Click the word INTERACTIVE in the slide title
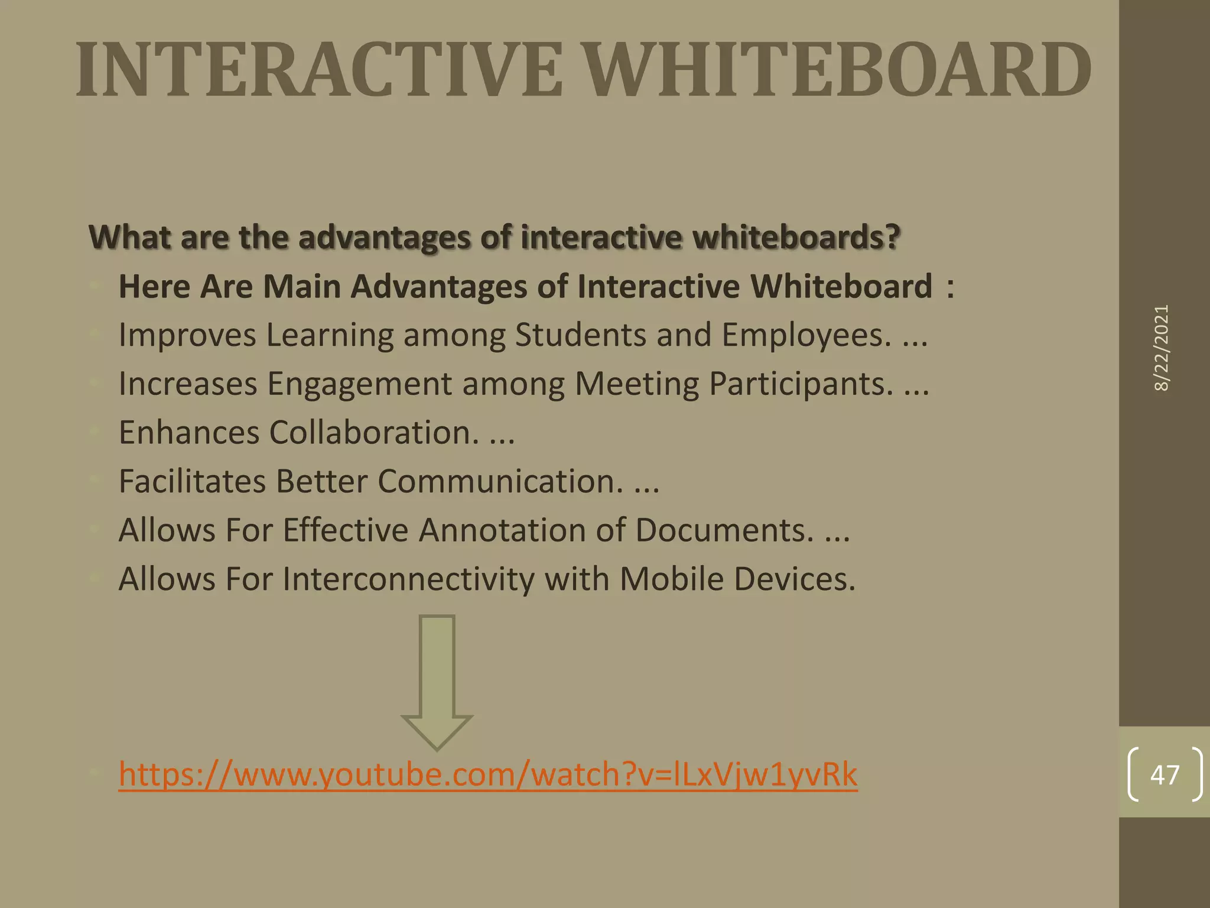click(319, 70)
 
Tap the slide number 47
click(1165, 775)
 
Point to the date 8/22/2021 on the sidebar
click(1162, 348)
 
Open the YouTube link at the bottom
click(487, 774)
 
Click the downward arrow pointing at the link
click(437, 683)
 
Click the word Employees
click(806, 335)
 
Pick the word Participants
click(801, 384)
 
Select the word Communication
click(500, 481)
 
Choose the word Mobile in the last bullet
click(671, 579)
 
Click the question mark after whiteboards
click(893, 237)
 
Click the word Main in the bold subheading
click(301, 287)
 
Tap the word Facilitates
click(192, 481)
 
